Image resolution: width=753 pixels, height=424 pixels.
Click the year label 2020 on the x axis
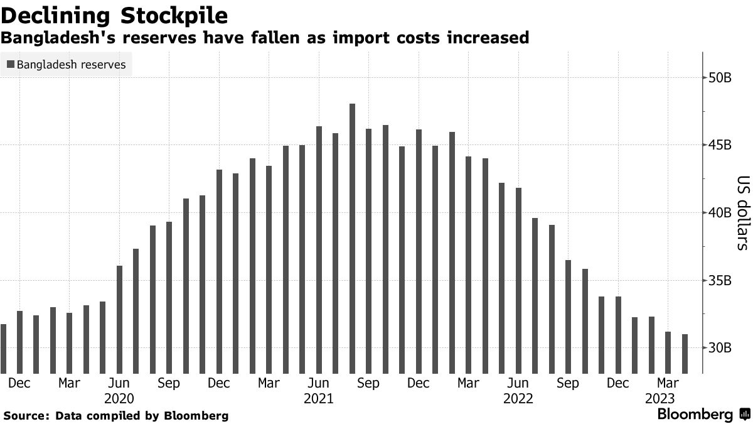pyautogui.click(x=119, y=398)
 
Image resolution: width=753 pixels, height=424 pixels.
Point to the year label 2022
pyautogui.click(x=518, y=398)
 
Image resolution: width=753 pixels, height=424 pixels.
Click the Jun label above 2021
pyautogui.click(x=319, y=383)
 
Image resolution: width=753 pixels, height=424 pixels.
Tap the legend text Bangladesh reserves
pyautogui.click(x=71, y=65)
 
